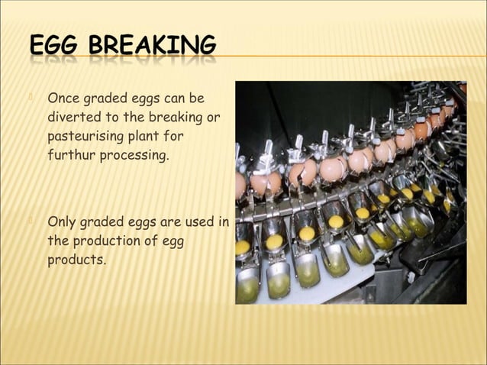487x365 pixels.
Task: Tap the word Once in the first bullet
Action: pos(63,99)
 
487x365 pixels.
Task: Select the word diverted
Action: pos(73,118)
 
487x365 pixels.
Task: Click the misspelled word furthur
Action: pos(69,155)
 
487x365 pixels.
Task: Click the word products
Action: pos(76,260)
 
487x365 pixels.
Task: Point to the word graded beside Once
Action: pos(108,99)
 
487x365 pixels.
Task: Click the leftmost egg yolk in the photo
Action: pos(243,247)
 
